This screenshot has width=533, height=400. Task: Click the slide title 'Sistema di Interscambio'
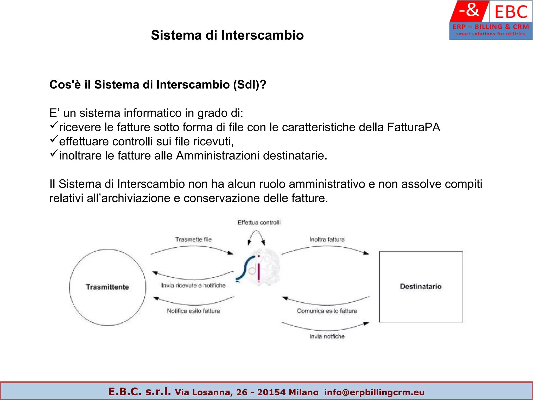coord(227,35)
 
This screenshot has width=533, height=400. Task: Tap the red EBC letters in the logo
coord(511,12)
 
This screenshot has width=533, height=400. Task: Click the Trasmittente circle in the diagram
coord(107,287)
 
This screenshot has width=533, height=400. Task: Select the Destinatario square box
coord(421,287)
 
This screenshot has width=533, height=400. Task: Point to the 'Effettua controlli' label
coord(259,222)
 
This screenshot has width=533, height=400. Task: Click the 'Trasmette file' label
coord(193,239)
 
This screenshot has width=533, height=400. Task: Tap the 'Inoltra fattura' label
coord(327,239)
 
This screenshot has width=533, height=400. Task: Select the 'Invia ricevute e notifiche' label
coord(193,285)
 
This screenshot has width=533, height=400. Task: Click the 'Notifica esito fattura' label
coord(193,311)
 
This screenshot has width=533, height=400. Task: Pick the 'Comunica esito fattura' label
coord(327,311)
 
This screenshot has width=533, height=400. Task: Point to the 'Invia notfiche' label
coord(327,336)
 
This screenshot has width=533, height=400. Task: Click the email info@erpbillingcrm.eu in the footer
coord(374,392)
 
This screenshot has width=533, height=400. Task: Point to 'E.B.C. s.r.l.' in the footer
coord(139,391)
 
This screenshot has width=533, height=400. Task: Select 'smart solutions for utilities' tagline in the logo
coord(491,34)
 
